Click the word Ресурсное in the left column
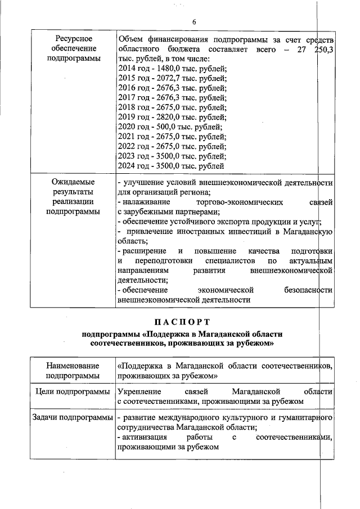pyautogui.click(x=73, y=39)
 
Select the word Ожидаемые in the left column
pyautogui.click(x=73, y=182)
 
